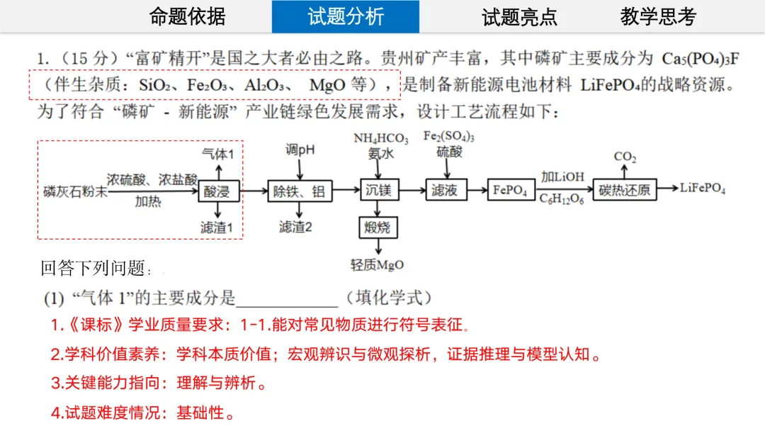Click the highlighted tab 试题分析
pyautogui.click(x=346, y=16)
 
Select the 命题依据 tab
pyautogui.click(x=187, y=16)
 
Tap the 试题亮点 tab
pyautogui.click(x=519, y=17)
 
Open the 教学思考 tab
pyautogui.click(x=658, y=16)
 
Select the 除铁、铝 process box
pyautogui.click(x=299, y=190)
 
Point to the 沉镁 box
pyautogui.click(x=378, y=190)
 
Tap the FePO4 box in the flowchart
pyautogui.click(x=510, y=190)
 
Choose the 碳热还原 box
pyautogui.click(x=624, y=190)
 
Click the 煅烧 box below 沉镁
pyautogui.click(x=378, y=228)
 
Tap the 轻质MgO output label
pyautogui.click(x=378, y=265)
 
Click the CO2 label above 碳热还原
pyautogui.click(x=625, y=157)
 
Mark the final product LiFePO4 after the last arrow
pyautogui.click(x=703, y=188)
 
